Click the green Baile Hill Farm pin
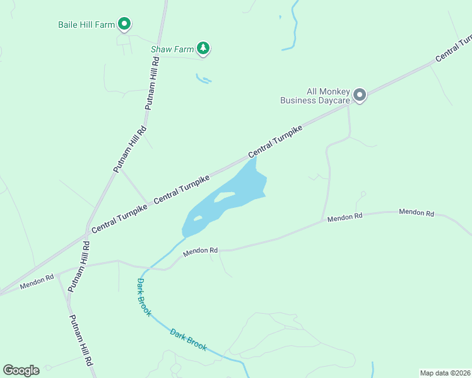[x=124, y=25]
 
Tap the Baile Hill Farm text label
[x=86, y=25]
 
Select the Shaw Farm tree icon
[x=203, y=47]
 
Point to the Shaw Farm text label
[x=171, y=49]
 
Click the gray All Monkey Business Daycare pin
[x=360, y=95]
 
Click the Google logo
[x=21, y=370]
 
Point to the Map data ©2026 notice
[x=445, y=373]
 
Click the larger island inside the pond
[x=224, y=197]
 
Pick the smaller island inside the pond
[x=198, y=219]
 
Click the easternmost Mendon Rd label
[x=416, y=213]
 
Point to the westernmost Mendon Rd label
[x=37, y=282]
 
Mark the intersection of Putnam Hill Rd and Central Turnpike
[x=86, y=236]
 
